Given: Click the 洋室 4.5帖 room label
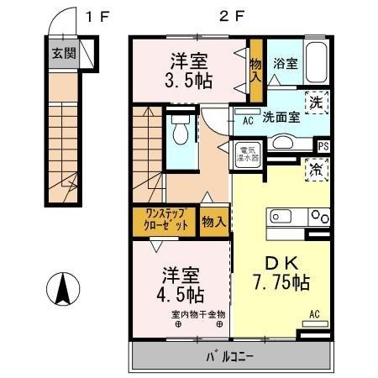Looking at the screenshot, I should click(182, 284).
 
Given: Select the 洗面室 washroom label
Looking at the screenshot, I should click(281, 118).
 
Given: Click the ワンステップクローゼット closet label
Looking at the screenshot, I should click(165, 221).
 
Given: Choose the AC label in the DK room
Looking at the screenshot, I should click(315, 316).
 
